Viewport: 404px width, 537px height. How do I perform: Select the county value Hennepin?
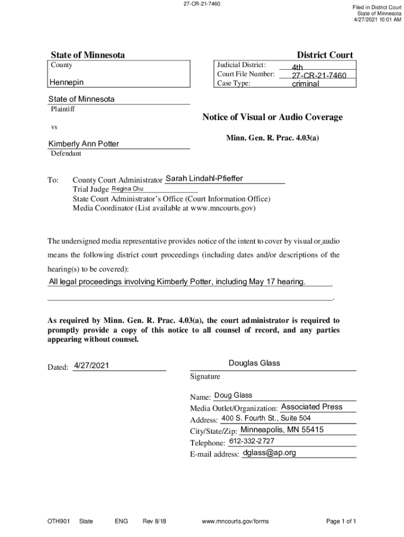click(66, 82)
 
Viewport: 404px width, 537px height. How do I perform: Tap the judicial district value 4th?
click(297, 68)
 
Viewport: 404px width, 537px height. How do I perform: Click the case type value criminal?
click(305, 84)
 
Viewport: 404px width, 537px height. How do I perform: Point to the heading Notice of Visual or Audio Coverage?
click(272, 117)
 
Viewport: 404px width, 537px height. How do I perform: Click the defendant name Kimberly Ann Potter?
click(84, 144)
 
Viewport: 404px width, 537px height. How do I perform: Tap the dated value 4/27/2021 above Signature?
click(91, 366)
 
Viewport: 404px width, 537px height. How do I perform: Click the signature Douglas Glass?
click(254, 363)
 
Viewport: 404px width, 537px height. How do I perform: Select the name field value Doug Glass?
click(233, 395)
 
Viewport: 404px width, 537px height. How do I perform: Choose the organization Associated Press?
click(312, 406)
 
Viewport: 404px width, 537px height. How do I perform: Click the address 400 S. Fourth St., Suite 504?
click(266, 418)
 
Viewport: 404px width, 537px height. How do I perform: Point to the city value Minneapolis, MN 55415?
click(282, 429)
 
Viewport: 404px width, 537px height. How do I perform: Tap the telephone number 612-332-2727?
click(251, 441)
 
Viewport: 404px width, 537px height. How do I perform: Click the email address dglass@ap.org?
click(269, 453)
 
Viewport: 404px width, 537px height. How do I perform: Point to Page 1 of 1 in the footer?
click(341, 521)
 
